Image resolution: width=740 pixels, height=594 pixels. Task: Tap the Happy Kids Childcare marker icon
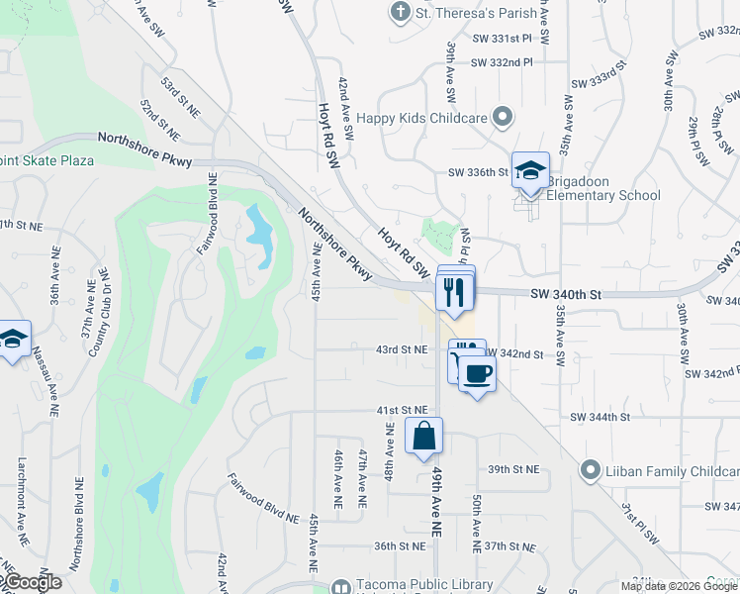tap(503, 118)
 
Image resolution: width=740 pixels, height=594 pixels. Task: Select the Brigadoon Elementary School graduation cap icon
tap(530, 170)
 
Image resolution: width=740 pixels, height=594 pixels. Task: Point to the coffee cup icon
tap(477, 373)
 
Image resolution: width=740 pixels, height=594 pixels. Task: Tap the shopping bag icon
tap(423, 436)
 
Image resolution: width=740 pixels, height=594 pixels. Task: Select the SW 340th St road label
tap(566, 294)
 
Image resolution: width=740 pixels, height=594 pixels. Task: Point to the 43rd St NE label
tap(401, 349)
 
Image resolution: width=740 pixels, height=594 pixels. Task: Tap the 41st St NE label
tap(401, 409)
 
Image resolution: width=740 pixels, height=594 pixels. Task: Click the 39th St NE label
tap(512, 468)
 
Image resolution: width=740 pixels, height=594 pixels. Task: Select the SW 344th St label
tap(600, 418)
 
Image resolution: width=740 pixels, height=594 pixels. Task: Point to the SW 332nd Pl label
tap(502, 62)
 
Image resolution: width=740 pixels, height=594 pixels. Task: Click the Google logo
tap(34, 582)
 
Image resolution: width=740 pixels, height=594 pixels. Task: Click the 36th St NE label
tap(399, 545)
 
